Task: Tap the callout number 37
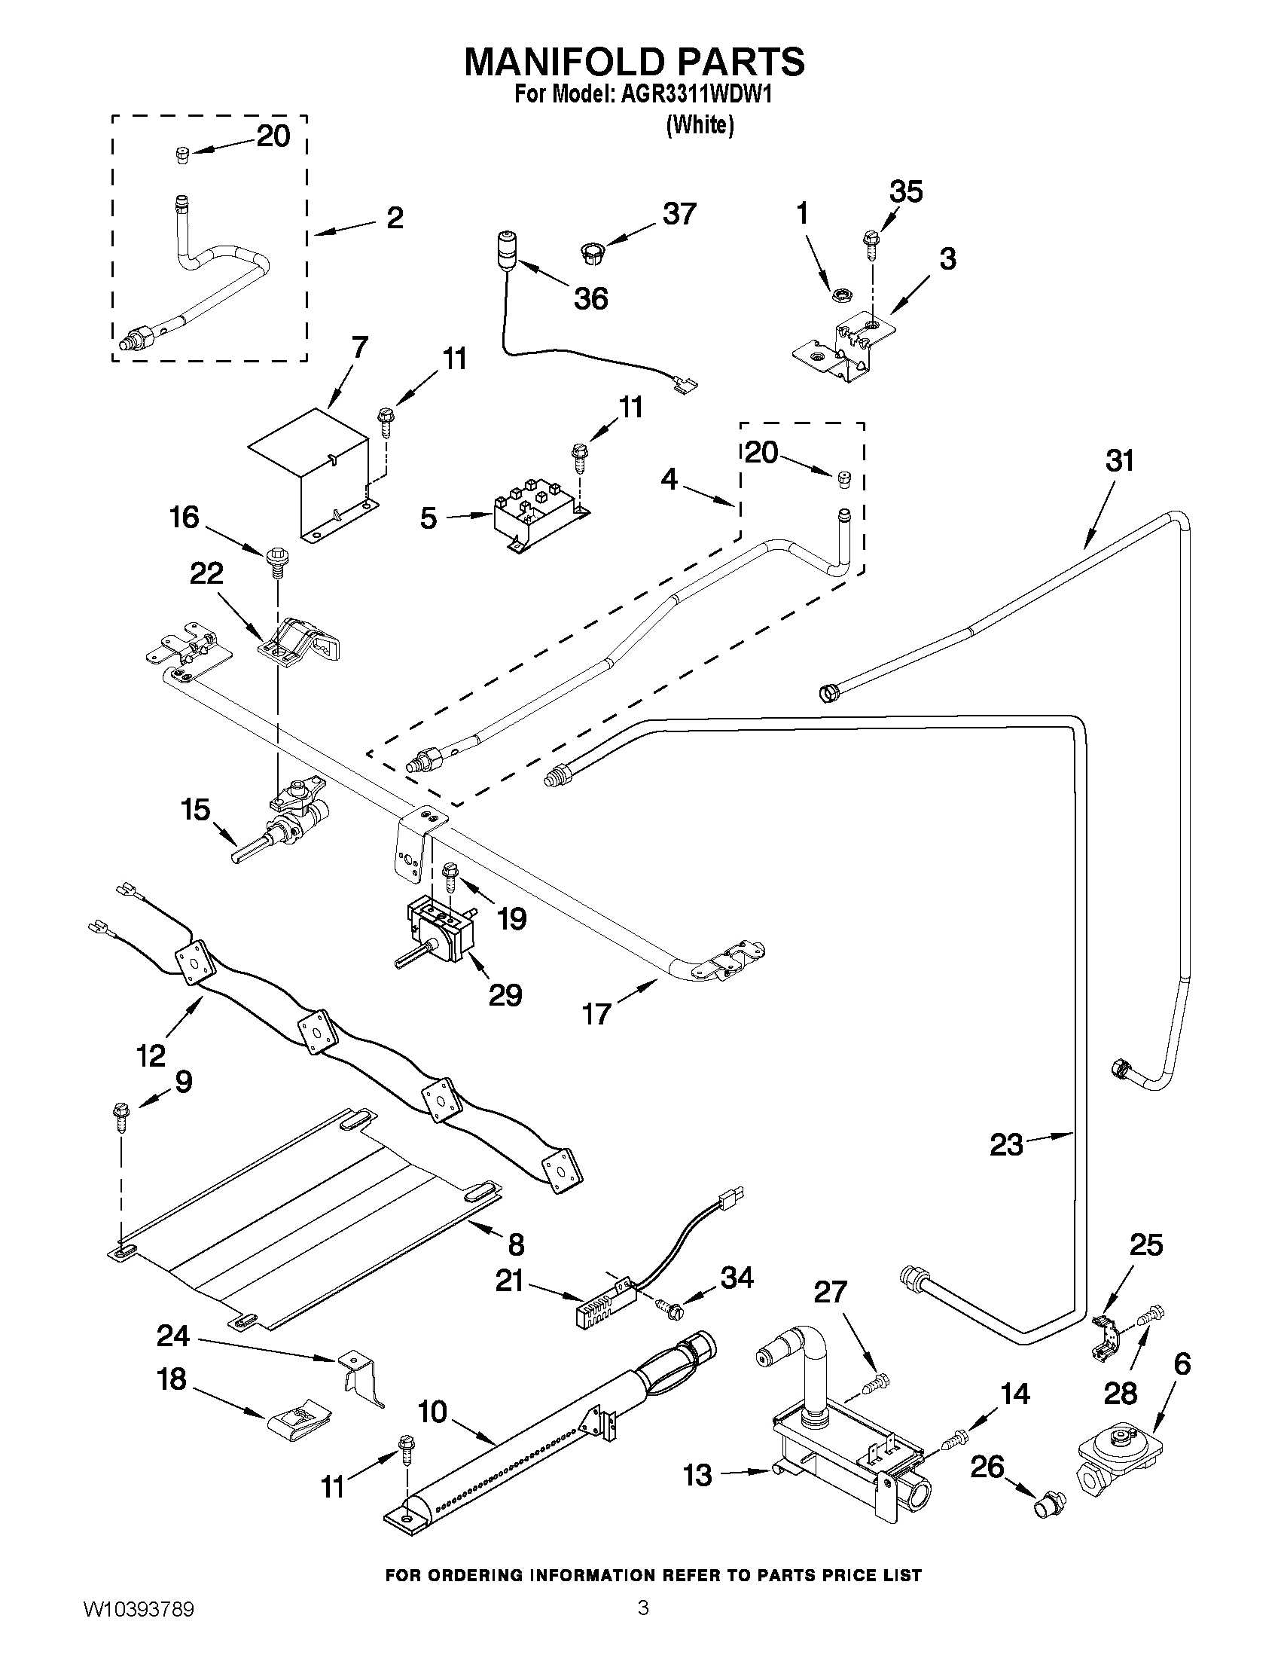pyautogui.click(x=679, y=214)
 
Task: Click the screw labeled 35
pyautogui.click(x=870, y=242)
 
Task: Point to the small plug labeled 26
pyautogui.click(x=1050, y=1501)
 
